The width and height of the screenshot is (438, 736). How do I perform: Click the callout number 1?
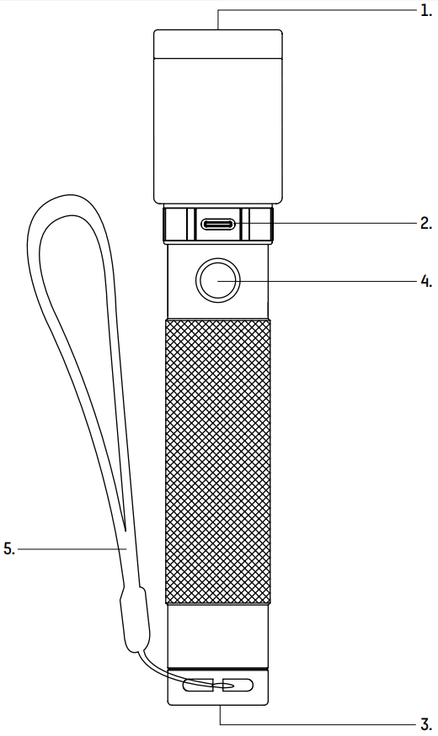(426, 11)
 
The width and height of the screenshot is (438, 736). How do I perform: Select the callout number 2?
(426, 224)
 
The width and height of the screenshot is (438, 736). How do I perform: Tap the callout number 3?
(426, 723)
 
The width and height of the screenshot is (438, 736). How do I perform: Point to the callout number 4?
(426, 281)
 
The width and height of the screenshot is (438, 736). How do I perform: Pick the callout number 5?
(8, 548)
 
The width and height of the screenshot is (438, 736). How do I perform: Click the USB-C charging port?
(218, 225)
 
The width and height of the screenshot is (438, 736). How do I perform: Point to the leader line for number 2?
(345, 224)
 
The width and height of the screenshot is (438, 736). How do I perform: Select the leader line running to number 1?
(320, 10)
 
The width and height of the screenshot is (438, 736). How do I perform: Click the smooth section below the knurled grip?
(217, 635)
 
